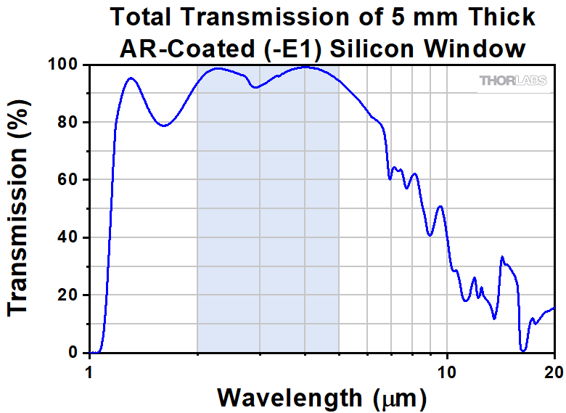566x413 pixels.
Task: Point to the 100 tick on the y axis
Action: click(67, 65)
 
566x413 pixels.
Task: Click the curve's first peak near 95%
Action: click(130, 78)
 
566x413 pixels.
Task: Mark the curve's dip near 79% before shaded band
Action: click(165, 126)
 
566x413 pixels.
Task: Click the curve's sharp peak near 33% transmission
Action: click(502, 257)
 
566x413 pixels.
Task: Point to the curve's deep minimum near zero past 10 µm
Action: click(523, 351)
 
